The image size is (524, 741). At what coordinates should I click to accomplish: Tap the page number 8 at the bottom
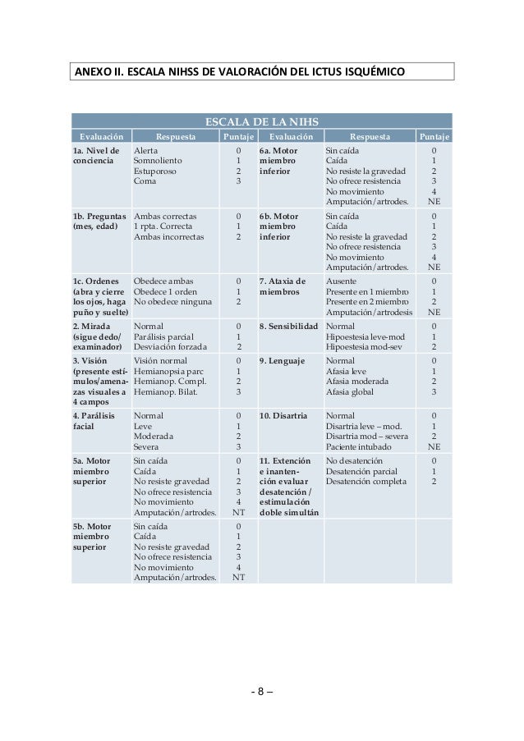(x=260, y=689)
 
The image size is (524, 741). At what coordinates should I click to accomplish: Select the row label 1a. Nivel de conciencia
(x=96, y=157)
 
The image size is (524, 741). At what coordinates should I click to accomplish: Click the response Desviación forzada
(x=171, y=345)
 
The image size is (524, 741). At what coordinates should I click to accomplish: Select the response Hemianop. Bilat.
(x=167, y=392)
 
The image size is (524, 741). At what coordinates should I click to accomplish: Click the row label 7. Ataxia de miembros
(x=283, y=286)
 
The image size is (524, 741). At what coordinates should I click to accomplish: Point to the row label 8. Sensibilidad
(x=288, y=326)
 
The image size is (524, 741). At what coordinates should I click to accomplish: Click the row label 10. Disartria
(x=283, y=416)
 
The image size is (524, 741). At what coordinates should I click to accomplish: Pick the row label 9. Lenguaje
(x=282, y=360)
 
